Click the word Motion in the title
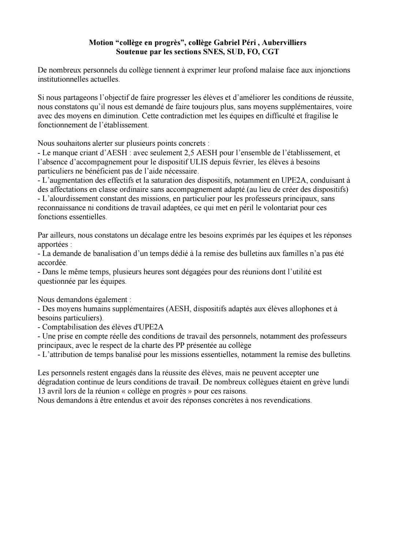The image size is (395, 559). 101,42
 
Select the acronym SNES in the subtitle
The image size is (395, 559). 212,52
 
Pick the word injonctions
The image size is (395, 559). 332,70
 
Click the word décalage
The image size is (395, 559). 154,235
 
